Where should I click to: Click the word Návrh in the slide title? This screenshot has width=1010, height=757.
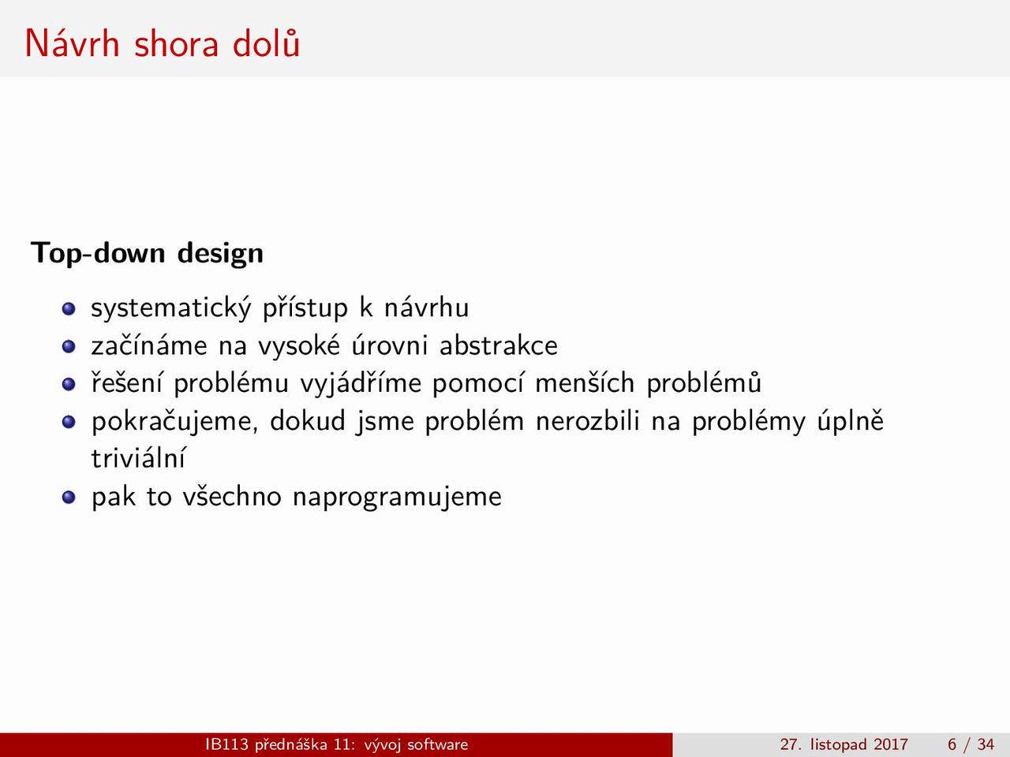point(73,43)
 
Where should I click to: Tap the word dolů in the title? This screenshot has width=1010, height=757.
point(267,43)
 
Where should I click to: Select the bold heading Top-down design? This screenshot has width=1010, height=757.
point(148,253)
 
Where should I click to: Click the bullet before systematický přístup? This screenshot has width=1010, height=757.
point(69,309)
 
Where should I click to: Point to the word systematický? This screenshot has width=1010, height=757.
point(171,308)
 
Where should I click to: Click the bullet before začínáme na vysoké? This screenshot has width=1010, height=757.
point(69,346)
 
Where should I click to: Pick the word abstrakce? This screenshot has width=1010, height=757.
point(499,345)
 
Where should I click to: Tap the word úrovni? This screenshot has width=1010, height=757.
point(391,345)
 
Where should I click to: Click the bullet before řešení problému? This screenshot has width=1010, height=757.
point(69,384)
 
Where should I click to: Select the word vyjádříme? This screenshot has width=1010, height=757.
point(361,383)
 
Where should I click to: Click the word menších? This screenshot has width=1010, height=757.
point(585,383)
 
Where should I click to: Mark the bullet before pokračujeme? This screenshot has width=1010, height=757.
point(69,422)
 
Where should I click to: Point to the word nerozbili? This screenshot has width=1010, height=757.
point(588,421)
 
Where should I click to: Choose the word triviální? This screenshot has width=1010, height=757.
point(138,458)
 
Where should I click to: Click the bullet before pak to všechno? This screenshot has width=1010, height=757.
point(69,498)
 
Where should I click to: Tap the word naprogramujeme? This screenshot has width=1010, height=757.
point(397,498)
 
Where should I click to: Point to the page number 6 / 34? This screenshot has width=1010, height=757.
point(971,744)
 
